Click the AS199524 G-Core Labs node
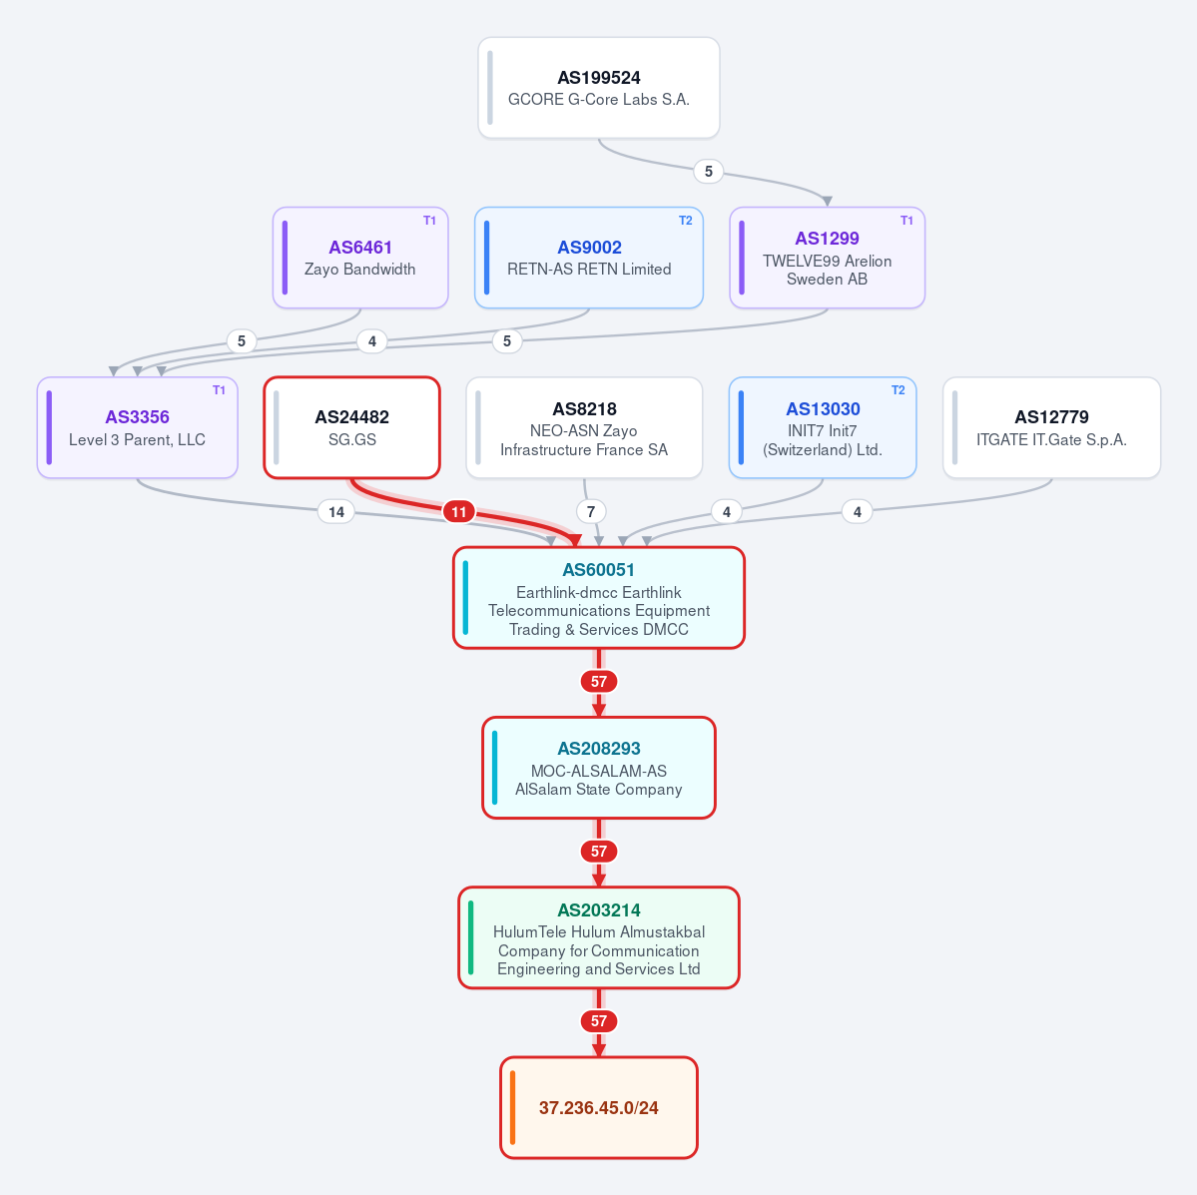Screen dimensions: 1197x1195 coord(599,88)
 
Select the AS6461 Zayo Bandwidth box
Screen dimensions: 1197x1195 coord(360,259)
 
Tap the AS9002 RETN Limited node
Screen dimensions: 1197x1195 coord(589,259)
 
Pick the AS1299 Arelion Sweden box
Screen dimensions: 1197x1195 coord(827,259)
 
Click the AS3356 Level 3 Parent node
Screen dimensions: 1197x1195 coord(138,427)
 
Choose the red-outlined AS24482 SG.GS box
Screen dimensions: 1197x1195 coord(352,427)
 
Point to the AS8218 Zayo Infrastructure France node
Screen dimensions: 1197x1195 coord(584,427)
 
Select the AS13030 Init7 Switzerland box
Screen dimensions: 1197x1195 coord(823,427)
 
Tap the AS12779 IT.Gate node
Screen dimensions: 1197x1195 coord(1051,427)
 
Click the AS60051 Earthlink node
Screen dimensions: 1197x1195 coord(599,598)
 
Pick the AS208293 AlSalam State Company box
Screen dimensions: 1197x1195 coord(599,768)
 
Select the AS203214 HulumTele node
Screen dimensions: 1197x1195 coord(599,937)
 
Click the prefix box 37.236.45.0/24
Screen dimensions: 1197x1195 coord(599,1107)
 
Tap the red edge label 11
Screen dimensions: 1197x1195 coord(459,511)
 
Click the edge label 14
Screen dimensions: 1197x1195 coord(335,511)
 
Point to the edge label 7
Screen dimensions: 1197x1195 coord(591,511)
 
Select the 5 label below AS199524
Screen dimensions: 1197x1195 coord(709,171)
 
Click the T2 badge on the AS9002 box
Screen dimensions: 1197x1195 coord(686,221)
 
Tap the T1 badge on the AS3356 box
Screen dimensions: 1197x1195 coord(219,390)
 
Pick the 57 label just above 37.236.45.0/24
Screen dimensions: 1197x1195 coord(599,1021)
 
